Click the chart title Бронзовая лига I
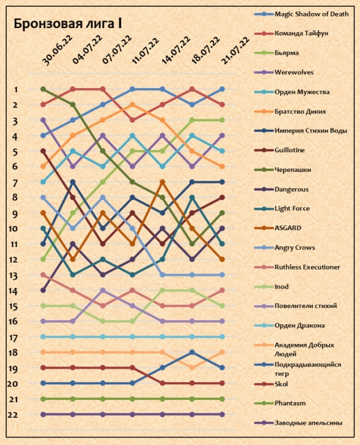tap(68, 24)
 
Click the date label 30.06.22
tap(57, 51)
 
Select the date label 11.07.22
tap(146, 51)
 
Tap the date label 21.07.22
tap(235, 51)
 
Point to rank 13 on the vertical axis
tap(14, 276)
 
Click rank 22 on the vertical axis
tap(13, 415)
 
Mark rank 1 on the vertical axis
tap(16, 89)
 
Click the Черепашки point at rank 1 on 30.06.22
tap(43, 89)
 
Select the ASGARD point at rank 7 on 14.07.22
tap(163, 182)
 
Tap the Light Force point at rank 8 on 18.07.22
tap(192, 197)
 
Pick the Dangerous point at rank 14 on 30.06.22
tap(43, 290)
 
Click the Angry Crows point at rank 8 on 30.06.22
tap(43, 197)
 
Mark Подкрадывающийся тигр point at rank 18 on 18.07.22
tap(192, 352)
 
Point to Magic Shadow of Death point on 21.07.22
tap(222, 89)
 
